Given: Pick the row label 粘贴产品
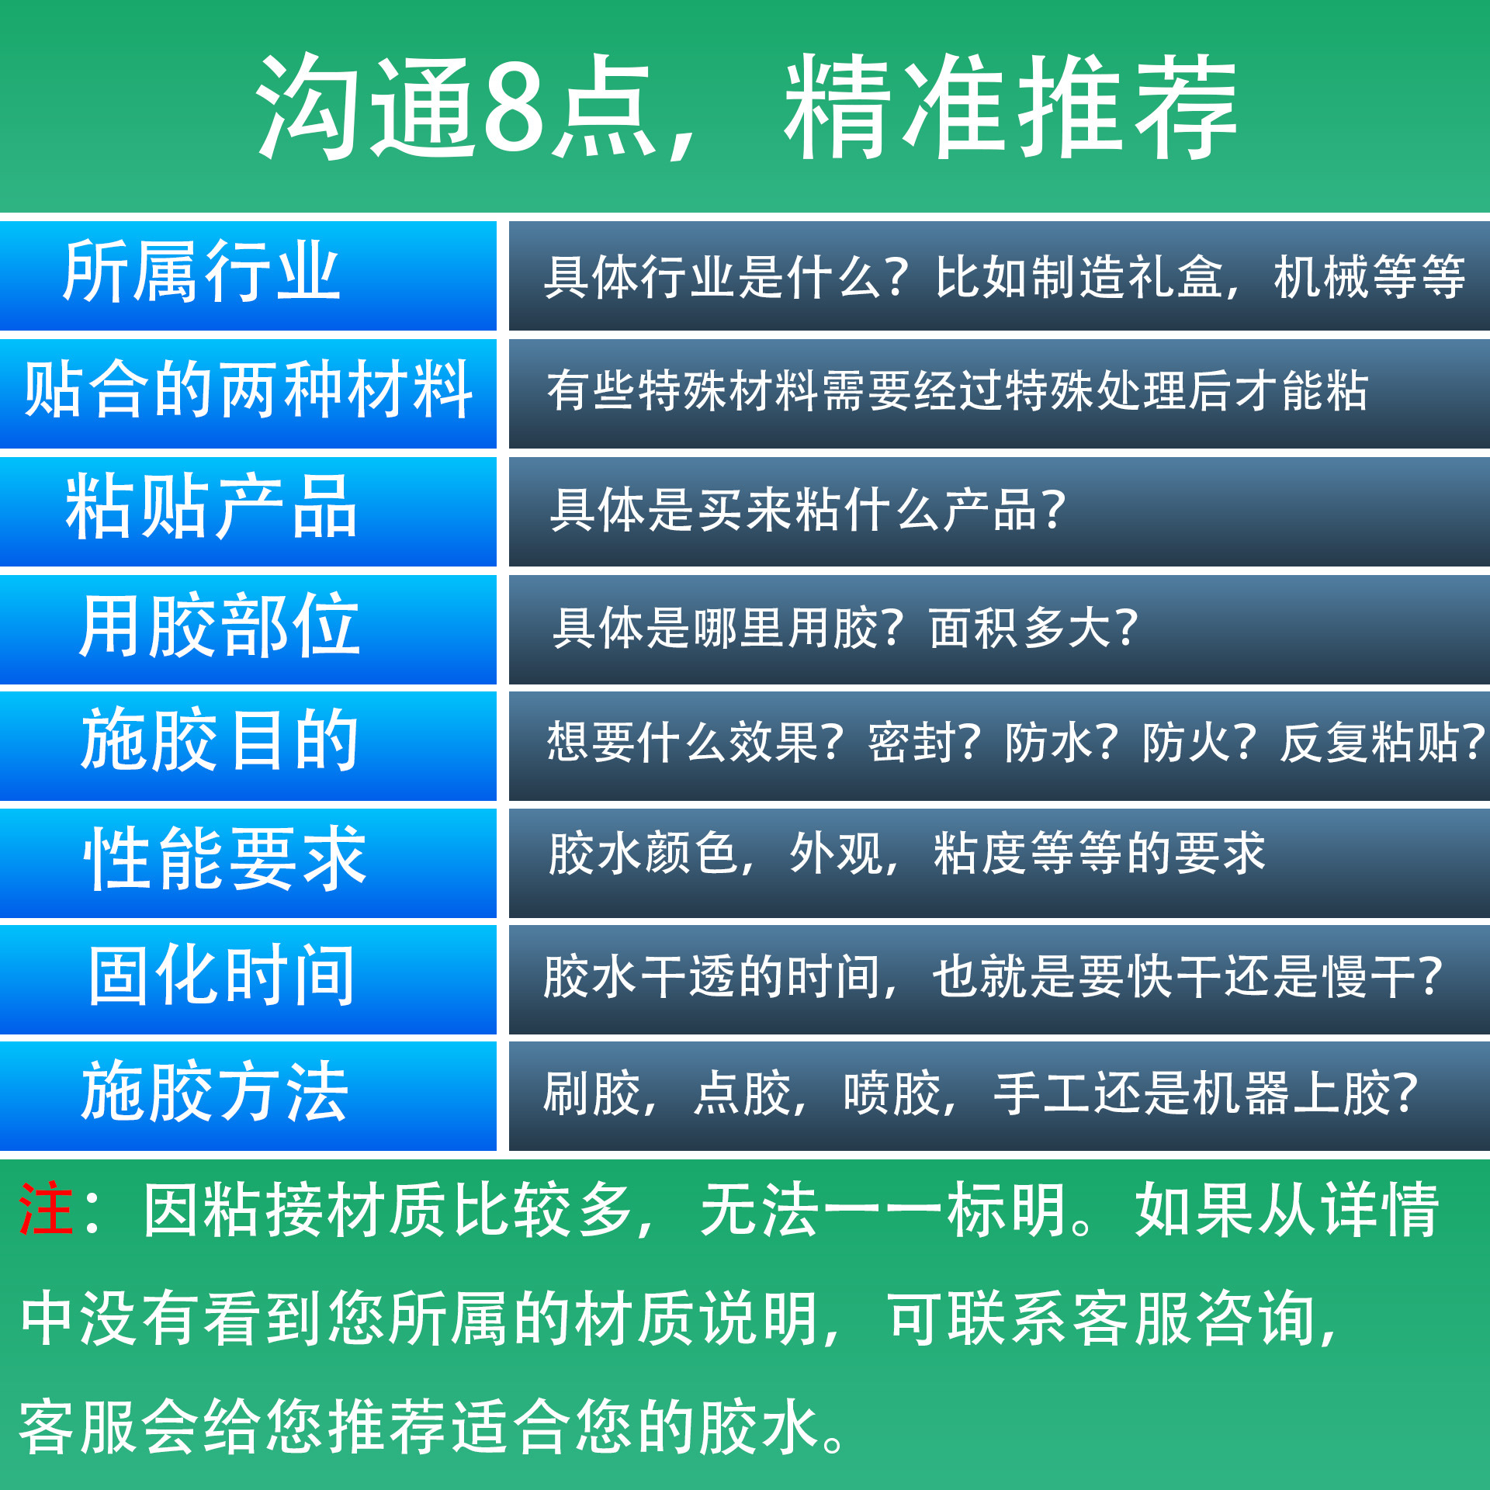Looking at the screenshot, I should (x=211, y=508).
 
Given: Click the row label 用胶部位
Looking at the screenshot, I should (x=220, y=625).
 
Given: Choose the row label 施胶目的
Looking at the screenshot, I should (x=220, y=742).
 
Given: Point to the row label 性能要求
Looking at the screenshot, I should (x=225, y=859).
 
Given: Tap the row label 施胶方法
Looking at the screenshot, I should (x=215, y=1093).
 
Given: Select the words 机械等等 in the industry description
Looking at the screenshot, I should (x=1369, y=277).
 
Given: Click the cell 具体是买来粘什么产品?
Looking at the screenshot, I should (x=807, y=510).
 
